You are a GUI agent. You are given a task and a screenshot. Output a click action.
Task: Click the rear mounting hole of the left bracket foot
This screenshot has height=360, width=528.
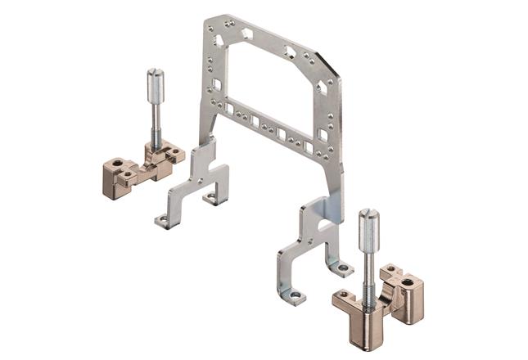tap(212, 197)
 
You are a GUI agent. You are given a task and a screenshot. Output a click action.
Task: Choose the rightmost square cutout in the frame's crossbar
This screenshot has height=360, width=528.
tap(309, 146)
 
